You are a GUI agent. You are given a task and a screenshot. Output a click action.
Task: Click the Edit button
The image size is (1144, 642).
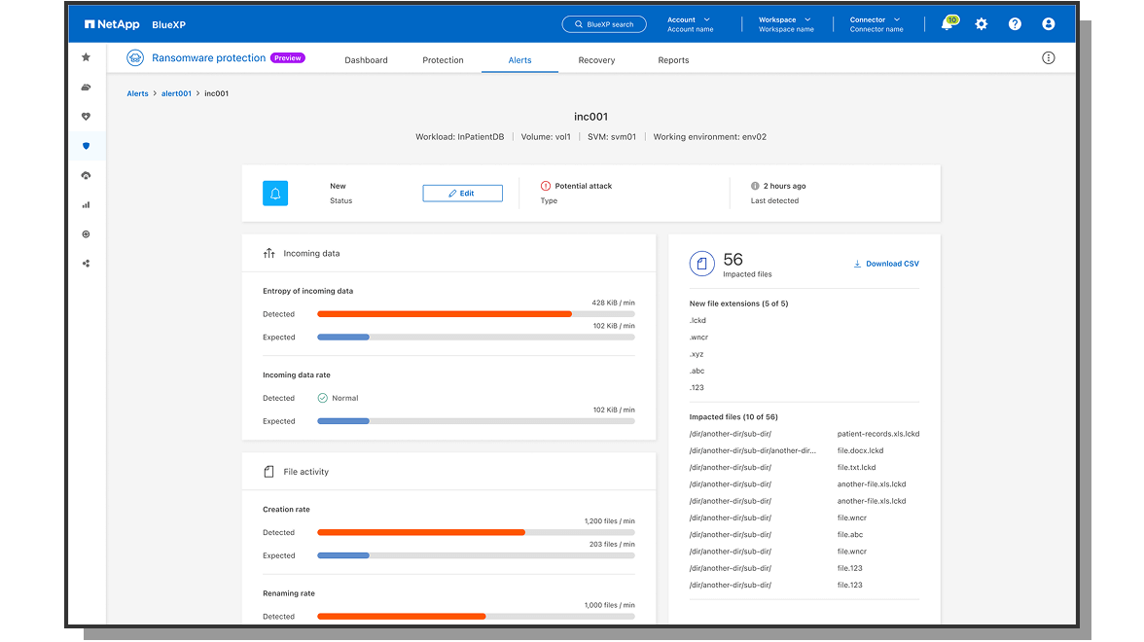point(462,194)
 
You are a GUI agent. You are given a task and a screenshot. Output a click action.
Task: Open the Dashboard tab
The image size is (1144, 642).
point(366,60)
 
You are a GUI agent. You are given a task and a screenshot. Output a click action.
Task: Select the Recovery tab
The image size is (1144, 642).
point(596,60)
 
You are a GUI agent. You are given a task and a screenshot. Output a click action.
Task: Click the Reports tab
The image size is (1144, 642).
point(673,60)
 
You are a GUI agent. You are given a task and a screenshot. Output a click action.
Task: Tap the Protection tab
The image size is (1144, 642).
point(443,60)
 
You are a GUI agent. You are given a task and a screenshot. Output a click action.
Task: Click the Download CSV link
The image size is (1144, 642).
point(886,264)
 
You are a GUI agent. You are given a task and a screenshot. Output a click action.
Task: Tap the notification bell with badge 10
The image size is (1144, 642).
point(947,24)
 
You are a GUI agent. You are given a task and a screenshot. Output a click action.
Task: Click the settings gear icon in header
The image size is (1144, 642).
point(981,24)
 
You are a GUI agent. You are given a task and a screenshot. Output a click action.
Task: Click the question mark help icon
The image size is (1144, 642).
point(1015,24)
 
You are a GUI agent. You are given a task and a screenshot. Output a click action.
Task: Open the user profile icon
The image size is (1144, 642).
point(1048,24)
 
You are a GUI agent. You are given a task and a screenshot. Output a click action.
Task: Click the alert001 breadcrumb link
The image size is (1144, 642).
point(176,93)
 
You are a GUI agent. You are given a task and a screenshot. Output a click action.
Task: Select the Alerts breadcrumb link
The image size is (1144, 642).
point(137,93)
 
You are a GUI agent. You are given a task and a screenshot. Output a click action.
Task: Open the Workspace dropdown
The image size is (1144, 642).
point(785,23)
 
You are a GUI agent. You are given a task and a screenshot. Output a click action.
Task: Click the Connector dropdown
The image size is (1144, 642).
point(876,23)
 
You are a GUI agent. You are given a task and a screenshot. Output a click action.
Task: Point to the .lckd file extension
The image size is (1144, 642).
point(697,320)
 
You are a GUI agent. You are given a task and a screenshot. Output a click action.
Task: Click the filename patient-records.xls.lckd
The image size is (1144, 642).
point(877,434)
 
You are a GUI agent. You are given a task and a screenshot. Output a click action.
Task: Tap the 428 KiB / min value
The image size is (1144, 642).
point(613,303)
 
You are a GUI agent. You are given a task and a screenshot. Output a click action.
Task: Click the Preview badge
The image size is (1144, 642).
point(288,58)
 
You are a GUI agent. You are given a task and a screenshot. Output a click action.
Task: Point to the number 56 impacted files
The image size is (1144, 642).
point(733,260)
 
